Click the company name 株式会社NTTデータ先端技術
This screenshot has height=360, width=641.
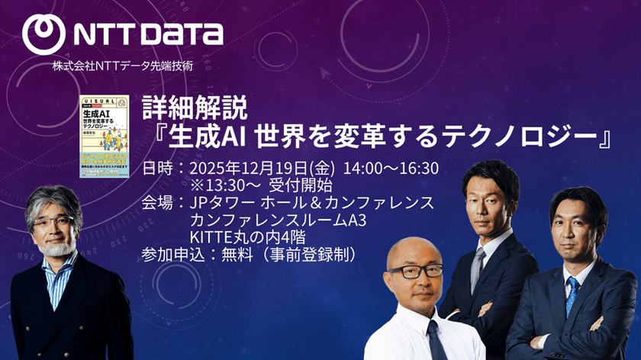pos(122,66)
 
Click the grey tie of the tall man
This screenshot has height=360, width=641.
pos(478,267)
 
